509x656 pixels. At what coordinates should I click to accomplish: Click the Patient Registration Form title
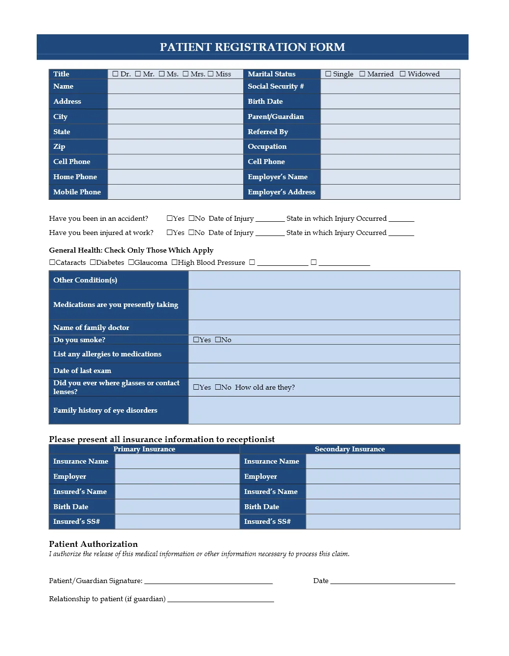pyautogui.click(x=252, y=47)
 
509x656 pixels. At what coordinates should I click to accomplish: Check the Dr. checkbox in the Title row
pyautogui.click(x=116, y=74)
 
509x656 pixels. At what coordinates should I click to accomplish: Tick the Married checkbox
pyautogui.click(x=362, y=74)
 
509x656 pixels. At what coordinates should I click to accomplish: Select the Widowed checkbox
pyautogui.click(x=403, y=74)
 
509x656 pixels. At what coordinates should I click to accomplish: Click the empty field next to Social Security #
pyautogui.click(x=390, y=86)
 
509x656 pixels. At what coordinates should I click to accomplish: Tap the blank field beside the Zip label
pyautogui.click(x=175, y=146)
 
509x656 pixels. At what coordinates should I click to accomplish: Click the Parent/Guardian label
pyautogui.click(x=276, y=117)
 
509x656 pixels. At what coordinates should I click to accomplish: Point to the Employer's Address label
pyautogui.click(x=281, y=192)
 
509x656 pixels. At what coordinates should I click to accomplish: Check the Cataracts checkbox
pyautogui.click(x=52, y=262)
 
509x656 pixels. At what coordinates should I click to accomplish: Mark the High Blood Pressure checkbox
pyautogui.click(x=175, y=262)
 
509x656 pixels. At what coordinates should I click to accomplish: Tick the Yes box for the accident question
pyautogui.click(x=170, y=218)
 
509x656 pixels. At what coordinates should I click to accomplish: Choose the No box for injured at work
pyautogui.click(x=191, y=233)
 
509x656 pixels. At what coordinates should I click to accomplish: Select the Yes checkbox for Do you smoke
pyautogui.click(x=196, y=340)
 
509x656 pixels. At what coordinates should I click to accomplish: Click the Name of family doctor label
pyautogui.click(x=91, y=328)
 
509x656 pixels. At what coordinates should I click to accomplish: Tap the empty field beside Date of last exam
pyautogui.click(x=324, y=371)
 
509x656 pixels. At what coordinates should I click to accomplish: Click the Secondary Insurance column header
pyautogui.click(x=349, y=449)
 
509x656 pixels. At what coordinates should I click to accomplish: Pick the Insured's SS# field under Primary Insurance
pyautogui.click(x=177, y=521)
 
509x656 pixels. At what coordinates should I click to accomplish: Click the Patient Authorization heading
pyautogui.click(x=93, y=544)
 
